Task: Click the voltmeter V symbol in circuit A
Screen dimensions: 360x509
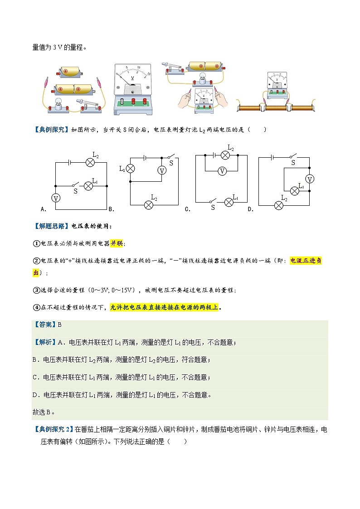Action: (56, 198)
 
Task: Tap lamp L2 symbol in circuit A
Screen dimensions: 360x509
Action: (90, 162)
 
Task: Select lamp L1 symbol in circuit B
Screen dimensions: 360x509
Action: (130, 169)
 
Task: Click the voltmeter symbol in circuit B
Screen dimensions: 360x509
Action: (161, 171)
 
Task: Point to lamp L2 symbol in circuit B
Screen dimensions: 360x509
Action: (148, 205)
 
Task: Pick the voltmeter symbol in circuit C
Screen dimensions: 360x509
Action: (222, 171)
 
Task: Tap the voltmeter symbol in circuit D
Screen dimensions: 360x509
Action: (310, 179)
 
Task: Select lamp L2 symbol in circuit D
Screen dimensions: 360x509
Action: (279, 205)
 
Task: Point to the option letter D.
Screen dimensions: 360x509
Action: (250, 209)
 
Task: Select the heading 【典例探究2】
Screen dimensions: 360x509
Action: (54, 428)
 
